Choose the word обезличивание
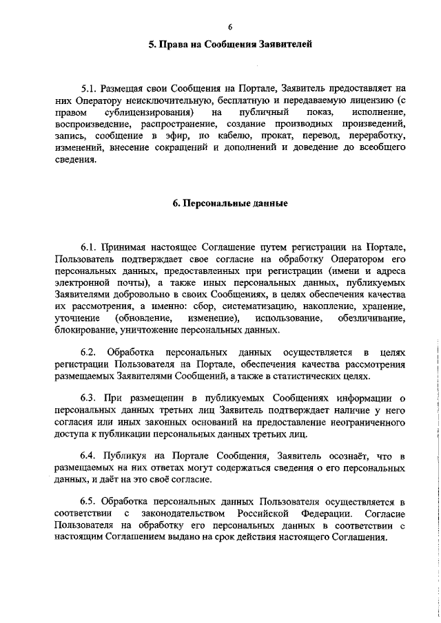[x=371, y=319]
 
